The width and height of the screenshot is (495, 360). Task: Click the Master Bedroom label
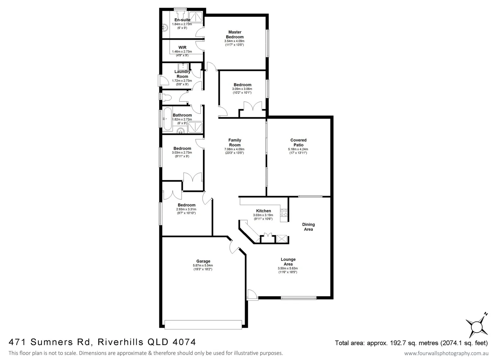(235, 35)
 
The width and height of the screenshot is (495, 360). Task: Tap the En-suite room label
(182, 20)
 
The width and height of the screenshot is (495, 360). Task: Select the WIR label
(182, 48)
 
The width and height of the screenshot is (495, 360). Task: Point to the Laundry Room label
(182, 74)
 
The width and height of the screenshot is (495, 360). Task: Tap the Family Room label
(235, 143)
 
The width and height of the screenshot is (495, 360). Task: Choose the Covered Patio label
(298, 143)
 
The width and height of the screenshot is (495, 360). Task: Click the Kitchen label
(263, 211)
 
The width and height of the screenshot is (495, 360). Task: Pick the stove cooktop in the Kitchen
(284, 213)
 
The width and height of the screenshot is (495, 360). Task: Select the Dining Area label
(308, 227)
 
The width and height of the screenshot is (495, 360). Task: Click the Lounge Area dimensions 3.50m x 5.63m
(288, 268)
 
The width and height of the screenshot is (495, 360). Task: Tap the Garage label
(203, 261)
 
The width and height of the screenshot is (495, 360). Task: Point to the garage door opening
(203, 324)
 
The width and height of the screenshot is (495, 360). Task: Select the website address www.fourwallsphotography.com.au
(446, 353)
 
